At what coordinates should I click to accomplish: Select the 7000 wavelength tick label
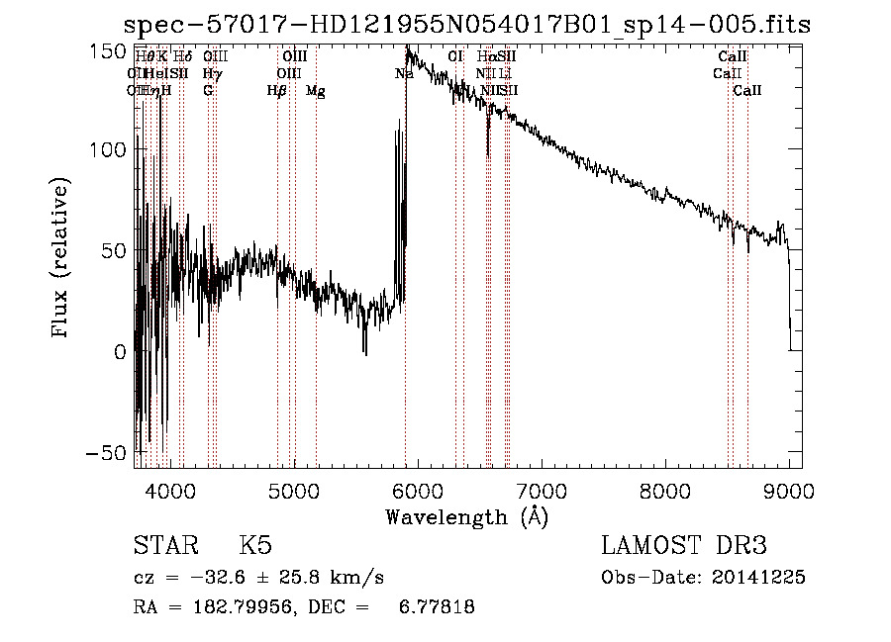click(x=541, y=490)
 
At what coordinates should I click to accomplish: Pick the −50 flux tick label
click(x=110, y=452)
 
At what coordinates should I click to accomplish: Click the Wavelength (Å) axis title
click(x=466, y=516)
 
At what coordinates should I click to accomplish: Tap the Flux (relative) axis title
click(x=61, y=259)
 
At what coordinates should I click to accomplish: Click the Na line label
click(x=404, y=74)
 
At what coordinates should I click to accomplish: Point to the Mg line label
click(x=316, y=91)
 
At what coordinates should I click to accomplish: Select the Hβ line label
click(x=277, y=91)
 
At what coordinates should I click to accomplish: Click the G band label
click(x=208, y=91)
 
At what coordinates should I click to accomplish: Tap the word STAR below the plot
click(x=163, y=546)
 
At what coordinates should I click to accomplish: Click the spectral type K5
click(x=255, y=546)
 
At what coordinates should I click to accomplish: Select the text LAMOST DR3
click(x=683, y=546)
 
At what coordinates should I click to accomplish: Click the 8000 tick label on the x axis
click(x=665, y=490)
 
